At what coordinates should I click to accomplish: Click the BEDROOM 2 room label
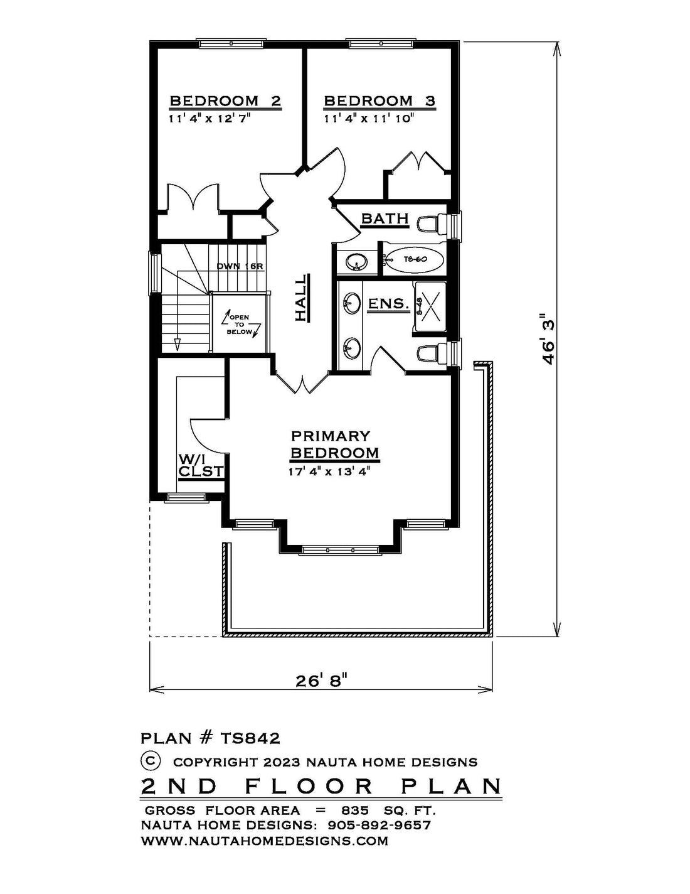pos(225,101)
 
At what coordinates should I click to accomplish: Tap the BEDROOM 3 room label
pos(379,101)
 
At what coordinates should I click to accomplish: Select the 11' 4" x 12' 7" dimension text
pos(209,119)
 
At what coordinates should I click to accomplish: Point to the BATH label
pos(385,218)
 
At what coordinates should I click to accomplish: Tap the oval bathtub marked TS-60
pos(415,260)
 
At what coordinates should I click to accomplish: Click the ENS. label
pos(388,304)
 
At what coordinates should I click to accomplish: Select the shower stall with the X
pos(430,307)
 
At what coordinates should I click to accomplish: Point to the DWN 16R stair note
pos(240,266)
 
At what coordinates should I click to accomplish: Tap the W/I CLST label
pos(201,465)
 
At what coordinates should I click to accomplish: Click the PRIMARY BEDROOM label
pos(334,444)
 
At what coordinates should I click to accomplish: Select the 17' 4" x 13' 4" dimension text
pos(329,471)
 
